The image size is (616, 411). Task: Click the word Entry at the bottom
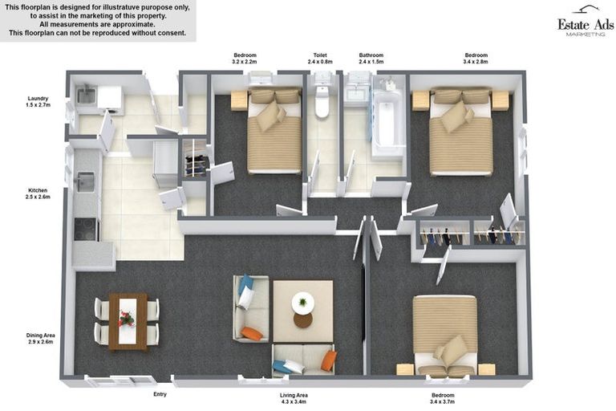(x=160, y=394)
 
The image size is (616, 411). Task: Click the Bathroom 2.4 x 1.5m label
(x=371, y=59)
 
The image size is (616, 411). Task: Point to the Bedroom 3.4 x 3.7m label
(x=443, y=398)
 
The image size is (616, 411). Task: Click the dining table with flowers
(x=127, y=320)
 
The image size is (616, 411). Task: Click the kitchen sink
(x=84, y=183)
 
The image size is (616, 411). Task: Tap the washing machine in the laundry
(x=110, y=100)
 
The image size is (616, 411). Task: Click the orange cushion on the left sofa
(x=252, y=333)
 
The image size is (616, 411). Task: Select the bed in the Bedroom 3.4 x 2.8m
(x=460, y=132)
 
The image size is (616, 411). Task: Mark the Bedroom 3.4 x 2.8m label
(x=475, y=59)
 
